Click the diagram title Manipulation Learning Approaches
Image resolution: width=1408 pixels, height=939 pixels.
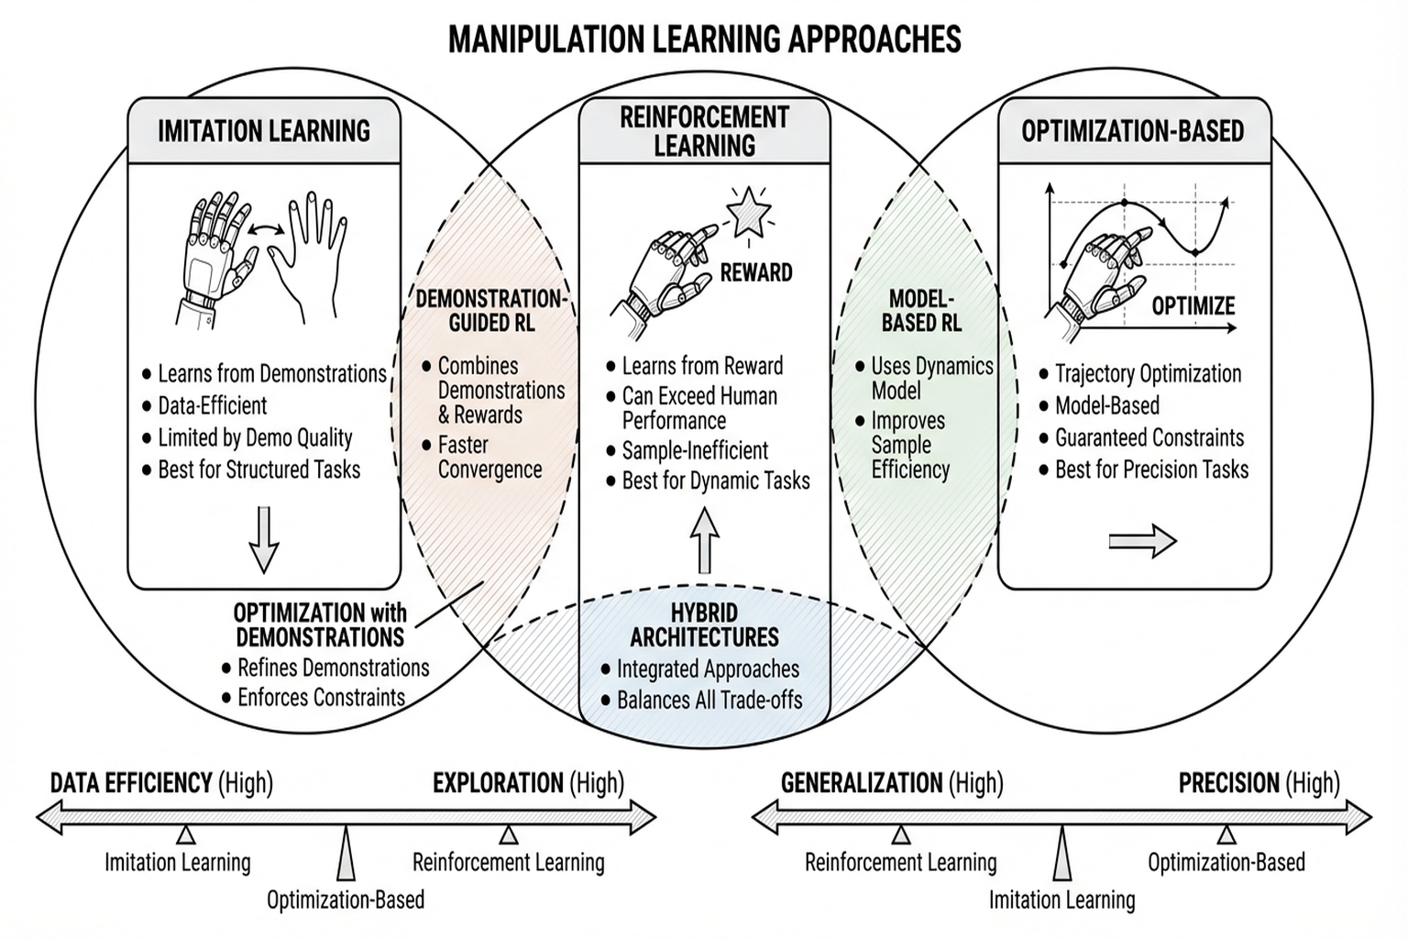704,39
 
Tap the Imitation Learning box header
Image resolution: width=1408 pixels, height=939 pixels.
264,131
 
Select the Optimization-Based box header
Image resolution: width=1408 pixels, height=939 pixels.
1133,131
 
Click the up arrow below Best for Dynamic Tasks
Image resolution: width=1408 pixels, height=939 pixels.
704,538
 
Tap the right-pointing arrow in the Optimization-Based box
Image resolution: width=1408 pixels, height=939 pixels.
1142,541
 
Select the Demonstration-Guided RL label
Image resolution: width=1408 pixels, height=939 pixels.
491,310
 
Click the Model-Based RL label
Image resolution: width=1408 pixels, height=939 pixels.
922,310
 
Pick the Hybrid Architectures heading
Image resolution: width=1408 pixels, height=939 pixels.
704,624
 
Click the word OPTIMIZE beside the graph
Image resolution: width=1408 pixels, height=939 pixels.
1193,306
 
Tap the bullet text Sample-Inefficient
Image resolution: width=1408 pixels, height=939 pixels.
695,450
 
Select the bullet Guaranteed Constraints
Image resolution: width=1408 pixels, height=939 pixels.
1149,437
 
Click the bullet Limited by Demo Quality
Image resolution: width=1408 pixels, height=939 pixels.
255,437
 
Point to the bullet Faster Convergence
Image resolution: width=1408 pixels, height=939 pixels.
489,457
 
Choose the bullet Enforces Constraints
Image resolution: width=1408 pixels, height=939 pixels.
321,697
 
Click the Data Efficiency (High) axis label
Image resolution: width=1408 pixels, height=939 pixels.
161,783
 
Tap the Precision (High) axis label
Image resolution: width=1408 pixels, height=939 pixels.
1259,783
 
